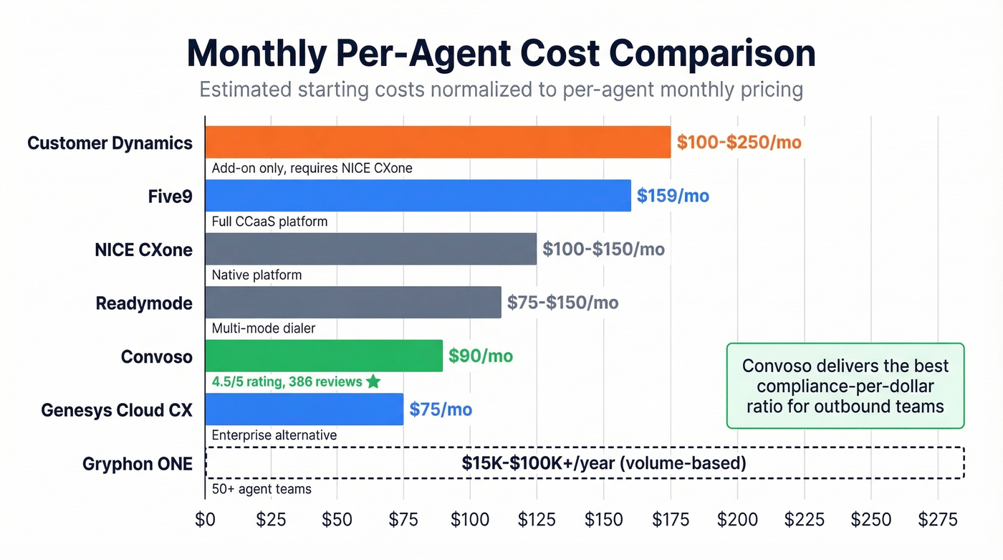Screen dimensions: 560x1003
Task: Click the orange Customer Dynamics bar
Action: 438,142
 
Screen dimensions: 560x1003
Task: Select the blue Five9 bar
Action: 418,196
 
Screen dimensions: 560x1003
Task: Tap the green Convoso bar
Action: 324,356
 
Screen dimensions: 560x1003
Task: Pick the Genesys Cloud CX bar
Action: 304,409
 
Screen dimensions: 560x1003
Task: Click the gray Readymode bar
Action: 353,303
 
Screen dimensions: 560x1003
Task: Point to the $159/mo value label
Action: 673,196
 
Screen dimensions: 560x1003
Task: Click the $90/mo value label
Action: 481,356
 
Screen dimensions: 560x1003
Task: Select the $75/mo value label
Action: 441,409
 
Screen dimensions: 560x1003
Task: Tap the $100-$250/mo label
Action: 739,142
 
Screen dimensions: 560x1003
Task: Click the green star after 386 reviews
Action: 373,381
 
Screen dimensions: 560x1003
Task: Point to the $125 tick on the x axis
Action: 537,519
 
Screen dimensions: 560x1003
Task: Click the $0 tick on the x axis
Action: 206,519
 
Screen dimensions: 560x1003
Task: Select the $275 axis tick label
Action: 936,519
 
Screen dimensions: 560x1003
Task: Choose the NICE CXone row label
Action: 143,250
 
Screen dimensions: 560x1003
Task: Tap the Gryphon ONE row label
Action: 138,464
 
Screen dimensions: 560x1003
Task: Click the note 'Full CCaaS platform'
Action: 269,222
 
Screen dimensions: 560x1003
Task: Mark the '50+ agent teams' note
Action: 261,490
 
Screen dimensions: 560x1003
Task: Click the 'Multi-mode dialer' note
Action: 264,328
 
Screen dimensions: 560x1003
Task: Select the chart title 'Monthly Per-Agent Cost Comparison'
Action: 501,54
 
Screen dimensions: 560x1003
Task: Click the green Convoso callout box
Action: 845,386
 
